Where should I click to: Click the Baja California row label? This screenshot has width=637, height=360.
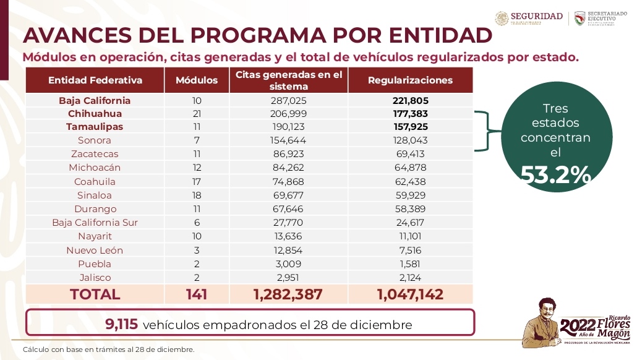(x=95, y=100)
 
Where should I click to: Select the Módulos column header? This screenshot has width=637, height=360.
(x=197, y=80)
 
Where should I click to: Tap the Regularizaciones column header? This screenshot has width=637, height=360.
(x=410, y=80)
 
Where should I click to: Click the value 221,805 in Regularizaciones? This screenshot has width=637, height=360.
(x=410, y=100)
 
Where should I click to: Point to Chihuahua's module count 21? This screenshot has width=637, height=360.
(x=197, y=114)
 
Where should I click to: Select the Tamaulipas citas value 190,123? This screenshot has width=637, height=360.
(x=288, y=127)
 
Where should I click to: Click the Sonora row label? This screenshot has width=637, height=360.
(x=95, y=140)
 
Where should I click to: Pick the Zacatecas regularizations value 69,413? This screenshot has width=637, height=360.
(x=410, y=154)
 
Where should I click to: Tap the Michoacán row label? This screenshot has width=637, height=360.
(x=95, y=168)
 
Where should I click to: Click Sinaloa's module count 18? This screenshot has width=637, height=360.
(x=197, y=195)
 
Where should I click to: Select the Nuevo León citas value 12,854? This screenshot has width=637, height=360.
(x=288, y=250)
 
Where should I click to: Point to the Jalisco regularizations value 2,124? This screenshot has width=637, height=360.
(x=410, y=277)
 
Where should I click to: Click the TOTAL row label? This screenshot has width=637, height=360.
(x=95, y=294)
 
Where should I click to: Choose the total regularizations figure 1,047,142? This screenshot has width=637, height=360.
(x=410, y=294)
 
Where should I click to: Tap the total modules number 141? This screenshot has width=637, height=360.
(x=197, y=294)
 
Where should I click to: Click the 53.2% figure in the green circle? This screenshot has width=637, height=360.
(x=555, y=176)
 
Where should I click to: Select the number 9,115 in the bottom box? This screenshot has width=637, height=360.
(x=122, y=324)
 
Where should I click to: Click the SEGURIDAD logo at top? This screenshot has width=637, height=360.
(x=529, y=17)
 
